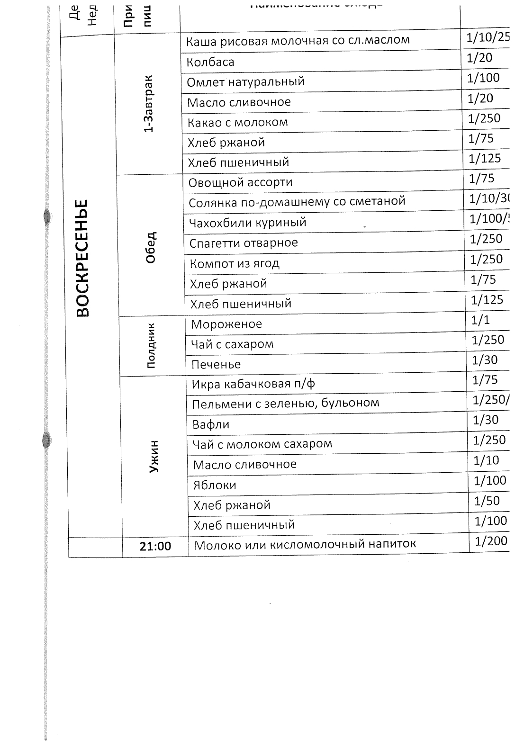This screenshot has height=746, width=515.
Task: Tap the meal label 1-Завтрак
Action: click(149, 104)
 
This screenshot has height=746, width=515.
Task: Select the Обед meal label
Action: click(151, 247)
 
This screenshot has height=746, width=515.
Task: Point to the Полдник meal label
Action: click(151, 345)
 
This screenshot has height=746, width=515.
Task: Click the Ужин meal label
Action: click(154, 457)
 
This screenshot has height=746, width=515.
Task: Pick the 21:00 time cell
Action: click(155, 546)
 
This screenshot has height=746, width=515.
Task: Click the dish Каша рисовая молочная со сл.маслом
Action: click(298, 41)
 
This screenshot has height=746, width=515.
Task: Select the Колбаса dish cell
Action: click(210, 62)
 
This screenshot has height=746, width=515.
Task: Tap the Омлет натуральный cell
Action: click(245, 82)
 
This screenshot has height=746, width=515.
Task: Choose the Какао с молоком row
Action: click(237, 123)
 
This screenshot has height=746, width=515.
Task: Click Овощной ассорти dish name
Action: click(240, 182)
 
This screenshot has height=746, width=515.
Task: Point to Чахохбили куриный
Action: click(248, 222)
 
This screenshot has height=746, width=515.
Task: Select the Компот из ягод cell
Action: click(235, 263)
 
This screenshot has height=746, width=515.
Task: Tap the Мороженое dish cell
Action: click(226, 324)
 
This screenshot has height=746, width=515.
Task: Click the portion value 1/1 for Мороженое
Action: click(480, 321)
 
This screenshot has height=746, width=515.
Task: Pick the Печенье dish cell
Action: click(216, 365)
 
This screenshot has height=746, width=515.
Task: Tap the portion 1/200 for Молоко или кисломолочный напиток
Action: click(491, 541)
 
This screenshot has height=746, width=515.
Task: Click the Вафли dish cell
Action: click(211, 424)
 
